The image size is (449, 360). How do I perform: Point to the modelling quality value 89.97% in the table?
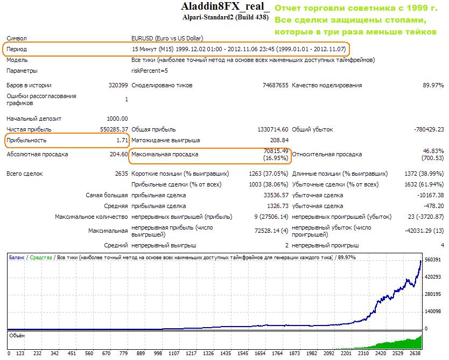(x=433, y=85)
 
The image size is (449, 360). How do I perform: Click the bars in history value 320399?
(x=118, y=85)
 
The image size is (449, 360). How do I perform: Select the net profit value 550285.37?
(x=111, y=129)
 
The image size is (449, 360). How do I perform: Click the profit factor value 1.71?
(x=122, y=140)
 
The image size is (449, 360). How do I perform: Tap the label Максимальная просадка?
(x=165, y=154)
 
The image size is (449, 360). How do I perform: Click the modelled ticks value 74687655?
(x=275, y=85)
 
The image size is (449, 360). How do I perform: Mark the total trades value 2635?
(x=121, y=174)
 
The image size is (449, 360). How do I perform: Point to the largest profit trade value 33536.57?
(x=273, y=195)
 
